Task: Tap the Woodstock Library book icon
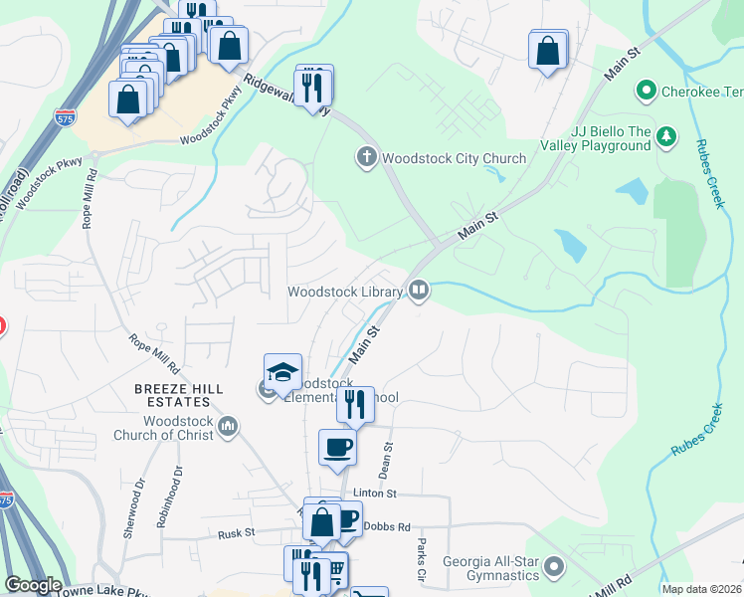(x=419, y=292)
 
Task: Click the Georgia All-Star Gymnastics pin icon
(x=555, y=569)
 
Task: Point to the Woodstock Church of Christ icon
(x=229, y=427)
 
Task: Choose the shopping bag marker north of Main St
(x=548, y=51)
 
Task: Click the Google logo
(x=33, y=585)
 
